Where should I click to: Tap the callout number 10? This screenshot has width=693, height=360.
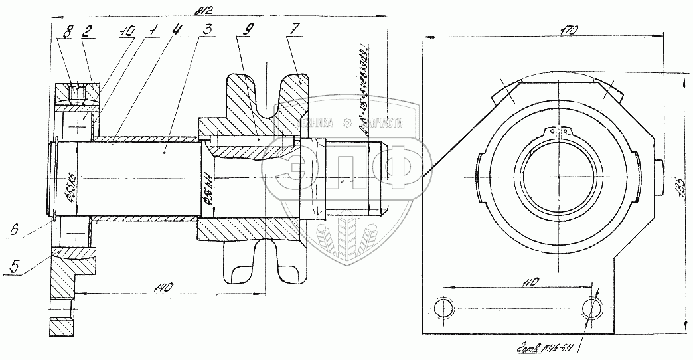point(128,31)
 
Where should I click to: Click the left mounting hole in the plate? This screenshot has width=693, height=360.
point(441,308)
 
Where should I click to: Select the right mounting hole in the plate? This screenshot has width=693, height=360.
point(592,308)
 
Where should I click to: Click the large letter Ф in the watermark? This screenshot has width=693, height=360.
point(392,168)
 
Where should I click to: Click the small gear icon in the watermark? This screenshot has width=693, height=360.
point(347,122)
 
